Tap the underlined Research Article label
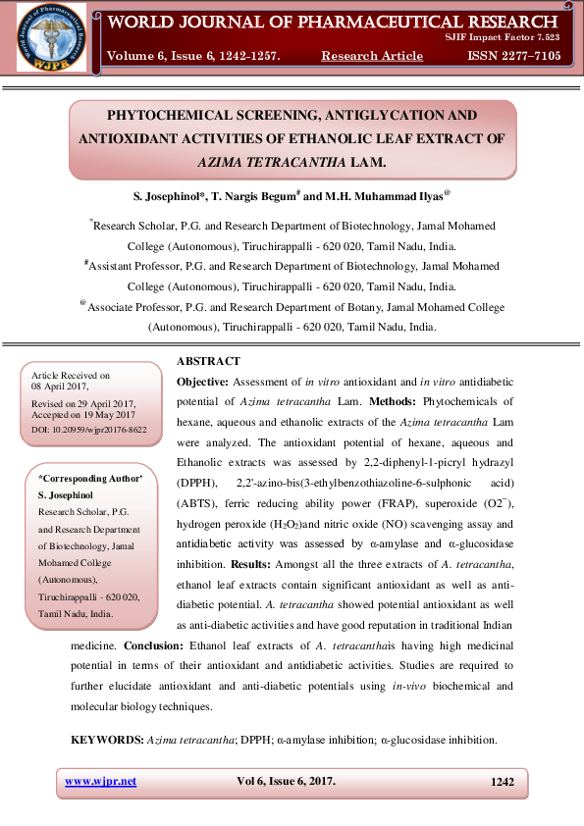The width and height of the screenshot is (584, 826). pyautogui.click(x=372, y=56)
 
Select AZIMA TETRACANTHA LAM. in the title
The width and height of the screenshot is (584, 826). pyautogui.click(x=292, y=161)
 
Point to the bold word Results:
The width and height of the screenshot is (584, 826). pyautogui.click(x=258, y=565)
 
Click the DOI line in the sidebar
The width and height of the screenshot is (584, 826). pyautogui.click(x=89, y=430)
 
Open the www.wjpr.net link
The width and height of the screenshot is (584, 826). pyautogui.click(x=100, y=782)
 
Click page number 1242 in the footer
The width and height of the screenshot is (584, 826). pyautogui.click(x=502, y=782)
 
